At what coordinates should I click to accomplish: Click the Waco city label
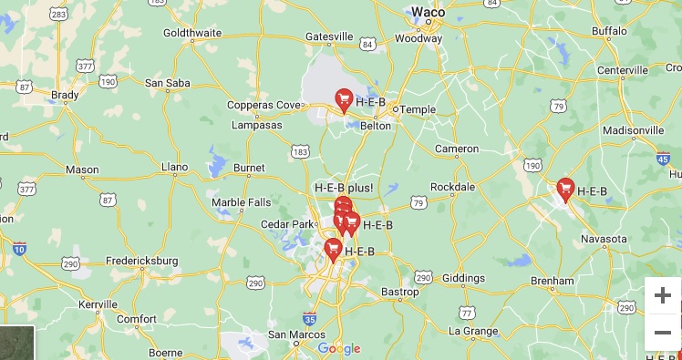click(428, 12)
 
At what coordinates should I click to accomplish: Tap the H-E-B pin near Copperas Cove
click(344, 99)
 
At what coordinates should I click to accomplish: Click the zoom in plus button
click(663, 295)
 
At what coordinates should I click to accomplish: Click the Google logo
click(339, 348)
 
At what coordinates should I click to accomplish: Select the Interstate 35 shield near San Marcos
click(310, 319)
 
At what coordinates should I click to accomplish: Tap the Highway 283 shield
click(59, 15)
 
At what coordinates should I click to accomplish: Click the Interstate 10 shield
click(19, 248)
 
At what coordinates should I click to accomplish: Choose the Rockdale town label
click(452, 187)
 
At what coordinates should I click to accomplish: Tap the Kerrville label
click(98, 303)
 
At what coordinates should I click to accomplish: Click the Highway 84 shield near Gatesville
click(367, 44)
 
